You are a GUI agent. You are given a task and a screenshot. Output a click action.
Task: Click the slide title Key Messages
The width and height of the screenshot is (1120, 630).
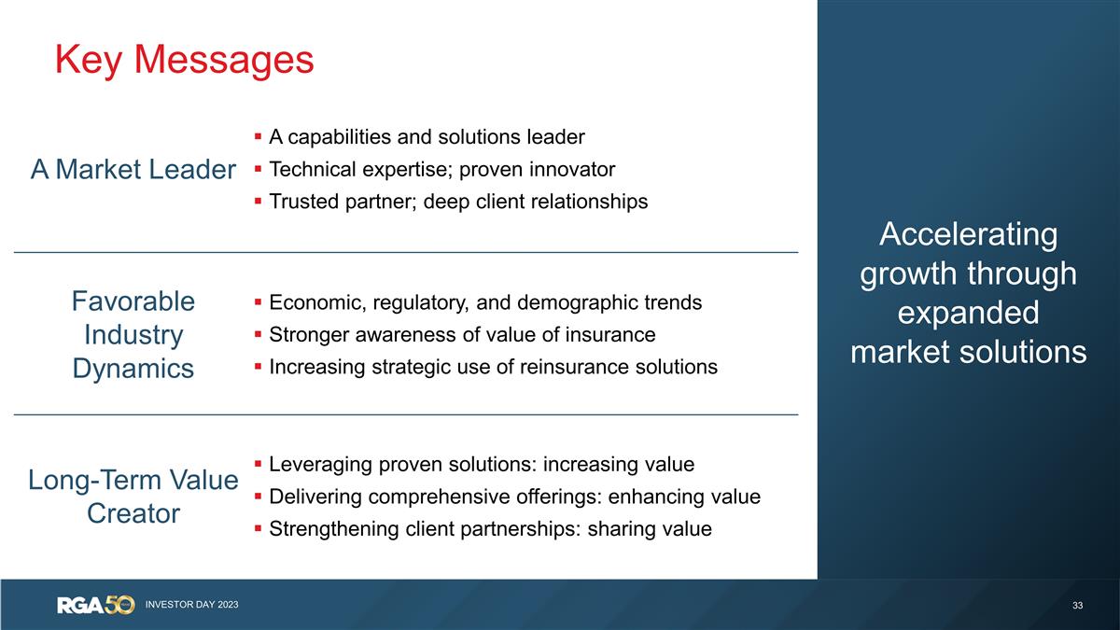(x=184, y=60)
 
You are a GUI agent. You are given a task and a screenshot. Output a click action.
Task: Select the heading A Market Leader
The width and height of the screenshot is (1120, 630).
(x=133, y=170)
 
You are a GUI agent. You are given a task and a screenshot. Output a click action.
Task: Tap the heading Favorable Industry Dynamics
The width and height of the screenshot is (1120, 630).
(x=133, y=334)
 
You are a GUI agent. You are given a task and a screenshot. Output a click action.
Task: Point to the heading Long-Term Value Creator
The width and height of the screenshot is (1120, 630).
(x=133, y=497)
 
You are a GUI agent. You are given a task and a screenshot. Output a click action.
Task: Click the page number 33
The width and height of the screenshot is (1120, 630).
(x=1078, y=606)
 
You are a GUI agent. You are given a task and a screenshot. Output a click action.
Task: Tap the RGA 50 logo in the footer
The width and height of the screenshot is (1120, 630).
(x=96, y=605)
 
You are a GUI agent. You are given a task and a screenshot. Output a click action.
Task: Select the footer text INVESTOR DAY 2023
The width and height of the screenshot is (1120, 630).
(x=191, y=605)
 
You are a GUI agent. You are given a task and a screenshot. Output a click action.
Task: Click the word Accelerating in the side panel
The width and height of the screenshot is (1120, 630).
(x=969, y=234)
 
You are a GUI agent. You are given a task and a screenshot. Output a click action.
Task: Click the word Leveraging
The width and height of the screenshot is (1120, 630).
(x=318, y=464)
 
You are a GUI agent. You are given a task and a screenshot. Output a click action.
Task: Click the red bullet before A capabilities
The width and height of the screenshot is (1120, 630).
(x=258, y=138)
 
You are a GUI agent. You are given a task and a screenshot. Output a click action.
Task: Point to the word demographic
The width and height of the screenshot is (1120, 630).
(x=583, y=302)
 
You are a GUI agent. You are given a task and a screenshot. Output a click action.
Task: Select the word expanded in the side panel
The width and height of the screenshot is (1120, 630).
(x=969, y=313)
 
